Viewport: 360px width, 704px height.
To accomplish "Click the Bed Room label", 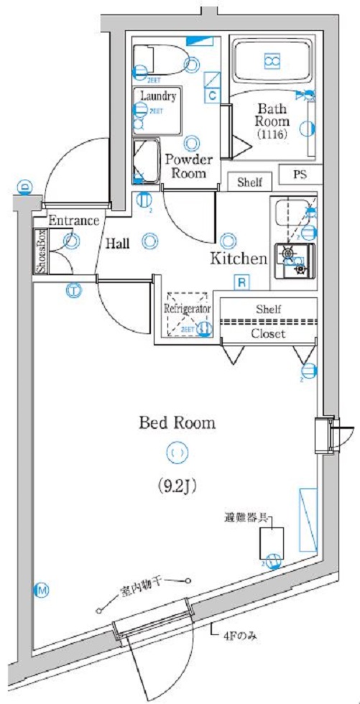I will coord(177,422).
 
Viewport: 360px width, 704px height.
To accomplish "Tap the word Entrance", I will coord(74,220).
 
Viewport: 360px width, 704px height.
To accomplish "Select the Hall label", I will coord(118,244).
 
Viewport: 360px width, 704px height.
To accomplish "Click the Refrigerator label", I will coord(187,307).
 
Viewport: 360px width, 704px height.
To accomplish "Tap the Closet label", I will coord(267,334).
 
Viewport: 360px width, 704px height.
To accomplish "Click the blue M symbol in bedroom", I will coord(42,590).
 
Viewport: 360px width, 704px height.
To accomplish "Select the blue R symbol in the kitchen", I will coord(242,282).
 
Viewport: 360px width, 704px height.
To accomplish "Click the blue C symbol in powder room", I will coord(213,94).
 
